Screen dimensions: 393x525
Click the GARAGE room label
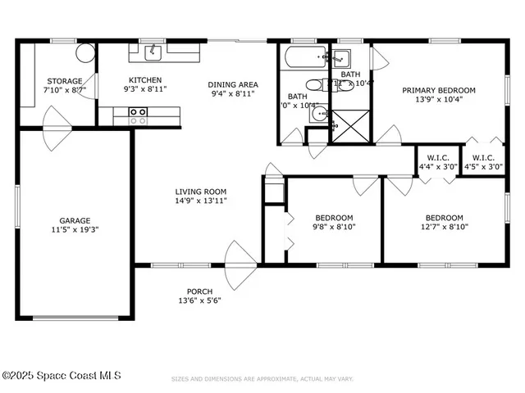pos(75,219)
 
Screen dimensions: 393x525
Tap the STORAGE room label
pos(63,81)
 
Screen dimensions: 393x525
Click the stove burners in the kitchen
pos(139,115)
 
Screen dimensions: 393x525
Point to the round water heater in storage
pos(85,53)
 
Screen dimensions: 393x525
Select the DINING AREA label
pos(233,84)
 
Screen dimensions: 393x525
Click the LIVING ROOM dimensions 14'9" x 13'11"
pos(201,201)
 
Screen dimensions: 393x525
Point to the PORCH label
pos(199,291)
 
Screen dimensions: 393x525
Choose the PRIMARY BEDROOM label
pos(439,90)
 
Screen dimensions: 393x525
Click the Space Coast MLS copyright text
pos(62,376)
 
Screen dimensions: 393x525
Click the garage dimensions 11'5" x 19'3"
pos(75,230)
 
